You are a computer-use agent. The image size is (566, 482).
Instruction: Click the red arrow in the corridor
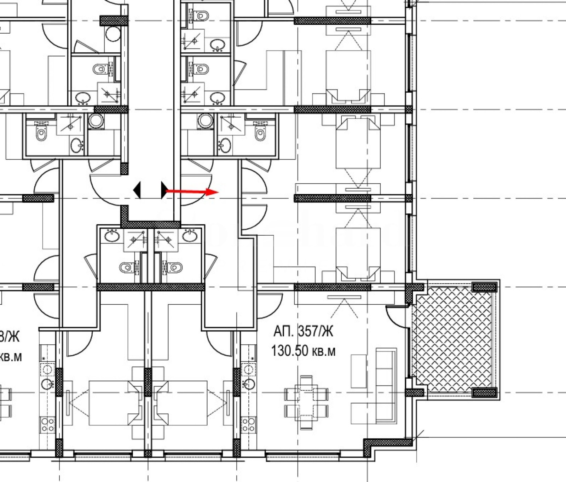[193, 192]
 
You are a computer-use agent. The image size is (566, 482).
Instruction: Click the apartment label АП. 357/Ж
[303, 332]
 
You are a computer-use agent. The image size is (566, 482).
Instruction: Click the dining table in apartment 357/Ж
[306, 403]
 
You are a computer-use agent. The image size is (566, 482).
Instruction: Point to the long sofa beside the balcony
[386, 385]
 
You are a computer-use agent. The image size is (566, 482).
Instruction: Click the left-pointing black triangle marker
[137, 190]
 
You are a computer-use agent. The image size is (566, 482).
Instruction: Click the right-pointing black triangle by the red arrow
[164, 190]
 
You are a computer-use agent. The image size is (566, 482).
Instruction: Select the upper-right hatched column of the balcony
[485, 287]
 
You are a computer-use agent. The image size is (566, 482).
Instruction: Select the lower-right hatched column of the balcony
[485, 392]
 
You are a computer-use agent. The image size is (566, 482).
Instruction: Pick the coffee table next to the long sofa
[358, 371]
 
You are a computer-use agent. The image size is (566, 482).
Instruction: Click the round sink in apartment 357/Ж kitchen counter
[249, 384]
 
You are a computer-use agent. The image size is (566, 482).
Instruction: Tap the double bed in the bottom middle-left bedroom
[113, 403]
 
